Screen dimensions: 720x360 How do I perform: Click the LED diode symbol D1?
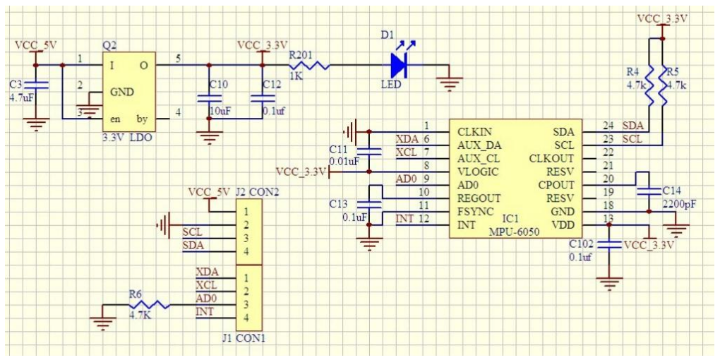(399, 66)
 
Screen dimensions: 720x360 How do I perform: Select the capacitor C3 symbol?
(36, 86)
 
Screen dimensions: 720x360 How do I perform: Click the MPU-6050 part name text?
(513, 232)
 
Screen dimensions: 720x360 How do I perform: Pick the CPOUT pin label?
(558, 185)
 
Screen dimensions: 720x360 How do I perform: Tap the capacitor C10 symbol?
(209, 100)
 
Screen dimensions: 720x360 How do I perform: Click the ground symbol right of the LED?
(448, 83)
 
